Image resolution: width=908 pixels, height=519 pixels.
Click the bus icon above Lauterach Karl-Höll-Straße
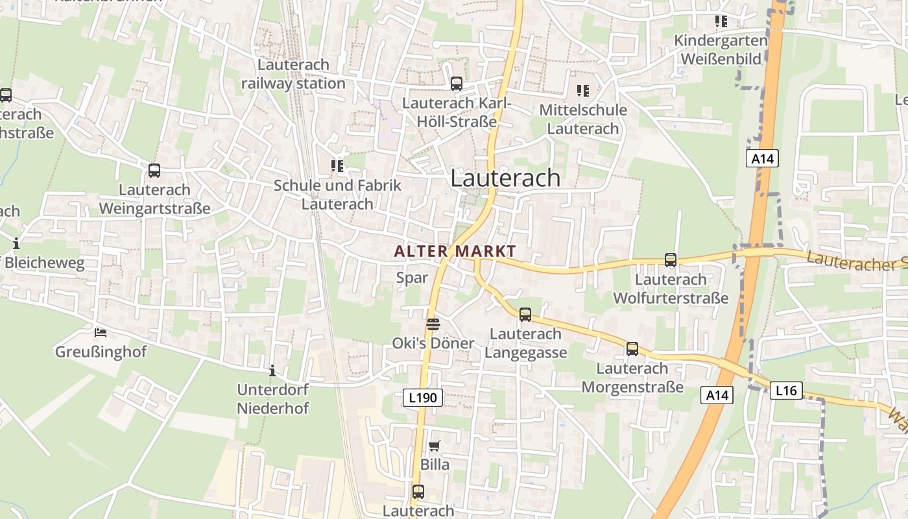(x=457, y=84)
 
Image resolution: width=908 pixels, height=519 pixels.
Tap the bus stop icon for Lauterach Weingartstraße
(x=154, y=171)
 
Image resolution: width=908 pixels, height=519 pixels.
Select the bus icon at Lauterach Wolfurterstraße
(x=671, y=260)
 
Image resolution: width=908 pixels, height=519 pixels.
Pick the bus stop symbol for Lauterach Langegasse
(x=525, y=315)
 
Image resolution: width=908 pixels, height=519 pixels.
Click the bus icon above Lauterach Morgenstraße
(x=632, y=349)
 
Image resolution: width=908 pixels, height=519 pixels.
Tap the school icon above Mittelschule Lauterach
(x=583, y=91)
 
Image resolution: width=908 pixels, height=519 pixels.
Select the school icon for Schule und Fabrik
(x=337, y=166)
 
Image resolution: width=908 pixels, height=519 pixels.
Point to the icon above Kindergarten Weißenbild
(x=721, y=21)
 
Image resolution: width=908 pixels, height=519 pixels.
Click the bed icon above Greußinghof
(x=101, y=333)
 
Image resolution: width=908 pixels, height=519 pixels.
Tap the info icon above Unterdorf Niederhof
(x=272, y=371)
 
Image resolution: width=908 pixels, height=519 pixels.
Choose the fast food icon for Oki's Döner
(x=433, y=324)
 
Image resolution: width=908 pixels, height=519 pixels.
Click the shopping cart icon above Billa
(x=435, y=446)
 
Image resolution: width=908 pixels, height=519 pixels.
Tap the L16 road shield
(x=786, y=391)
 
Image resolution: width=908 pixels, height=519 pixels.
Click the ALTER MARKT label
(x=455, y=251)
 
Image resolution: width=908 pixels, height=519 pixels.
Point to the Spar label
(x=412, y=278)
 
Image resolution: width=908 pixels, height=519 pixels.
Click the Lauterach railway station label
(x=293, y=74)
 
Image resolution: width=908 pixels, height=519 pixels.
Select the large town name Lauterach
(x=505, y=178)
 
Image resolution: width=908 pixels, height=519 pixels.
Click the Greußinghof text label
(x=101, y=352)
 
